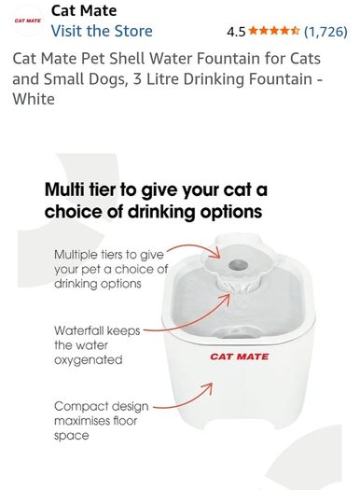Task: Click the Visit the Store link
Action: point(102,31)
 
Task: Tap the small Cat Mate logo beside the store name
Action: point(27,21)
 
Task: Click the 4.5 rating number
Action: point(236,32)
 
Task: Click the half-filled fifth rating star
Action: point(295,31)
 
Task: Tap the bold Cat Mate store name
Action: point(84,11)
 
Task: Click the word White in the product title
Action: point(34,99)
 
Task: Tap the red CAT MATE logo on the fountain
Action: point(239,357)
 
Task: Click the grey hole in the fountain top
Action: point(238,266)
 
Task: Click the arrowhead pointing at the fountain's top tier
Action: point(216,253)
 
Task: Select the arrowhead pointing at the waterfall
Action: point(228,299)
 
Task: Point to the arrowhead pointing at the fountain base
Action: point(208,388)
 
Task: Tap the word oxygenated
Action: point(88,360)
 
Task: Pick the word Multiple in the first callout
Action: point(76,255)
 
